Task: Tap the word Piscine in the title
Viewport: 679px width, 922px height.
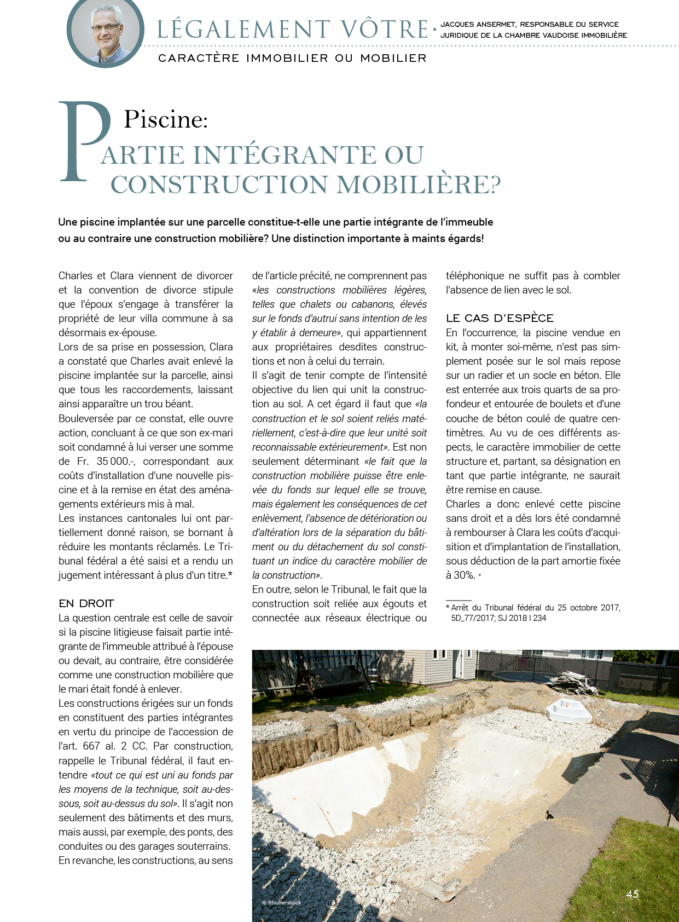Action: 165,119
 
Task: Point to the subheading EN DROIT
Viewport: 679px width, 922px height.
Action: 86,603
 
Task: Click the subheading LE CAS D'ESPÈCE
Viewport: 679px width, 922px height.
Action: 500,318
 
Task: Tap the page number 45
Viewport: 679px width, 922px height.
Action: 632,894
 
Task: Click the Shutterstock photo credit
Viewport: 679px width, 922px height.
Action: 282,902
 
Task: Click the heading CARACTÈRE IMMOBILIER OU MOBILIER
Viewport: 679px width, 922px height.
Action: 292,58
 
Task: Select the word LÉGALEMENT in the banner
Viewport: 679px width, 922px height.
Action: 244,30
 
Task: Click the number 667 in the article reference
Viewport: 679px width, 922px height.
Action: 91,746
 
